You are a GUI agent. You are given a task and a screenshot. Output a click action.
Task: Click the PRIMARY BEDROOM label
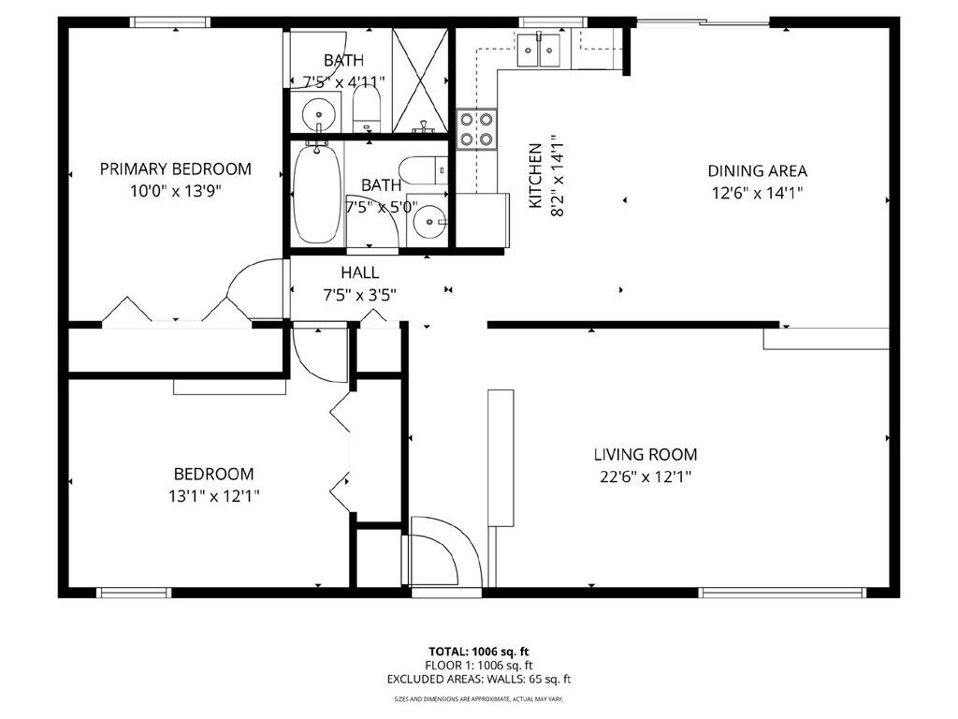tap(175, 169)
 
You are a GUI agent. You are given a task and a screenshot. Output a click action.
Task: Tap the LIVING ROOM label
tap(646, 454)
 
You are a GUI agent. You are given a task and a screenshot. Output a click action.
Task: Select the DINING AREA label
tap(757, 170)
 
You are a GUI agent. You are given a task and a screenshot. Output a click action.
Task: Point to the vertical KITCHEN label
tap(535, 175)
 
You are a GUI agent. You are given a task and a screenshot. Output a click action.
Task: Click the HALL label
tap(359, 272)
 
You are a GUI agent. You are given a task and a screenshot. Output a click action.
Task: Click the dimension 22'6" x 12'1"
tap(646, 477)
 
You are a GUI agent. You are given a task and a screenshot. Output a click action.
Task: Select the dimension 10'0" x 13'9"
tap(175, 191)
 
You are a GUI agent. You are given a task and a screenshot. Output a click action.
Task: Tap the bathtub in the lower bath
tap(317, 193)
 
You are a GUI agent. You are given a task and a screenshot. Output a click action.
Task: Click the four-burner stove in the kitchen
tap(476, 129)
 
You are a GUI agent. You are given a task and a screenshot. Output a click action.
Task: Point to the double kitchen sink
tap(539, 50)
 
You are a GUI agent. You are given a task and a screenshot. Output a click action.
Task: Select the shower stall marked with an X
tap(420, 81)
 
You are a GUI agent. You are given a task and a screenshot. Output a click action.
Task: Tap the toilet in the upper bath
tap(367, 109)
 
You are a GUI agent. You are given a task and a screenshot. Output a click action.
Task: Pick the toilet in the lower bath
tap(423, 170)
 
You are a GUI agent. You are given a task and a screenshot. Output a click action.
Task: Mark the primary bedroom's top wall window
tap(170, 22)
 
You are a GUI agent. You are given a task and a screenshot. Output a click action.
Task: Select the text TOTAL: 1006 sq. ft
tap(478, 652)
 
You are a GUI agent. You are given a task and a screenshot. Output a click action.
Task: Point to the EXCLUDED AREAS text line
tap(478, 679)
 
